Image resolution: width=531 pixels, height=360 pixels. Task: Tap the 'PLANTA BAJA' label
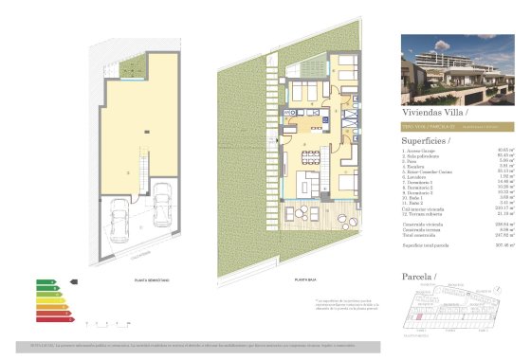(x=304, y=281)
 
